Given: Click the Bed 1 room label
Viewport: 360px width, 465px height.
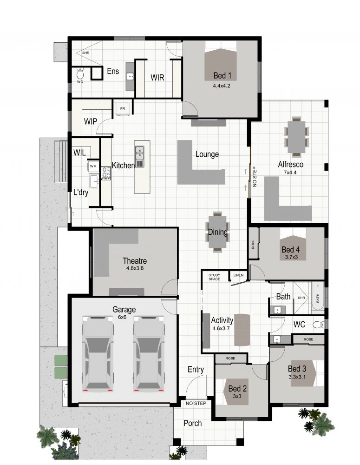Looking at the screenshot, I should [222, 76].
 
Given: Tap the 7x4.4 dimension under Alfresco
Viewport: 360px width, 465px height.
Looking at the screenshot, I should [291, 173].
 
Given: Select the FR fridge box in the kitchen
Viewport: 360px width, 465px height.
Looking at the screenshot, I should [123, 109].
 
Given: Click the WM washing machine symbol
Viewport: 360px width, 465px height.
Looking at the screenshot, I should [93, 166].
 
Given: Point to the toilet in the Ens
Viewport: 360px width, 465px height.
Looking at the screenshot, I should [80, 73].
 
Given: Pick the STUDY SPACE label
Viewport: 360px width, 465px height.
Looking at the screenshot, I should [214, 277].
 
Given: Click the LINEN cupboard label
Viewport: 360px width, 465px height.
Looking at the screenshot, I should [238, 275].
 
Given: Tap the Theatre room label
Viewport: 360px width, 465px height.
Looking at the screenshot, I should [135, 260].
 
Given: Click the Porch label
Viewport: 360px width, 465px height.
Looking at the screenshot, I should [193, 423].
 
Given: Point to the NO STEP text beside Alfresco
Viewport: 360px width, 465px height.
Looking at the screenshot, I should [254, 175].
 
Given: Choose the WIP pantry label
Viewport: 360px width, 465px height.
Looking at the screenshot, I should [91, 121].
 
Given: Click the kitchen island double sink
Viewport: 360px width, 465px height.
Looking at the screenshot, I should [140, 150].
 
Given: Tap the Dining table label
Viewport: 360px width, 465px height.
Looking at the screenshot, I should [217, 232].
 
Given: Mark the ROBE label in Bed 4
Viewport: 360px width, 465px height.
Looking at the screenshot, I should [253, 244].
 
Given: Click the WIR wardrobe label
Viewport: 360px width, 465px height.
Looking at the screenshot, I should [158, 78].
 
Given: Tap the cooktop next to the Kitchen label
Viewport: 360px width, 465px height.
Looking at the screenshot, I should [106, 173].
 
